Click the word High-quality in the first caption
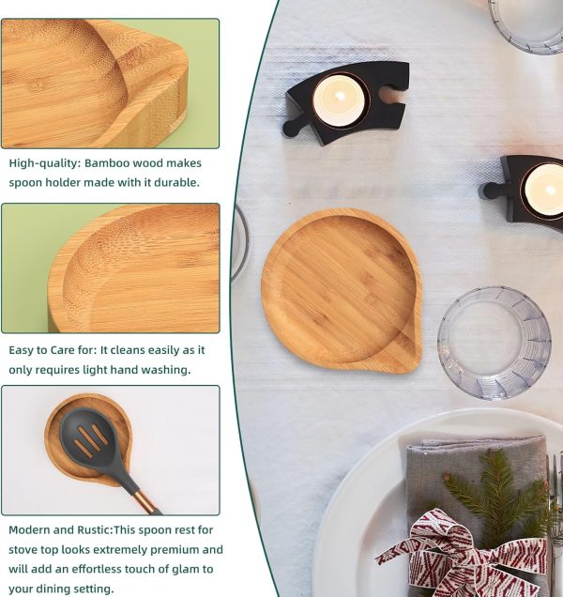pyautogui.click(x=42, y=162)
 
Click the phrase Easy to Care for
pyautogui.click(x=51, y=349)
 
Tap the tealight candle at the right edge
pyautogui.click(x=545, y=189)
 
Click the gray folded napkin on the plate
pyautogui.click(x=441, y=469)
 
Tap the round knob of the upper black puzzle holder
pyautogui.click(x=291, y=128)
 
